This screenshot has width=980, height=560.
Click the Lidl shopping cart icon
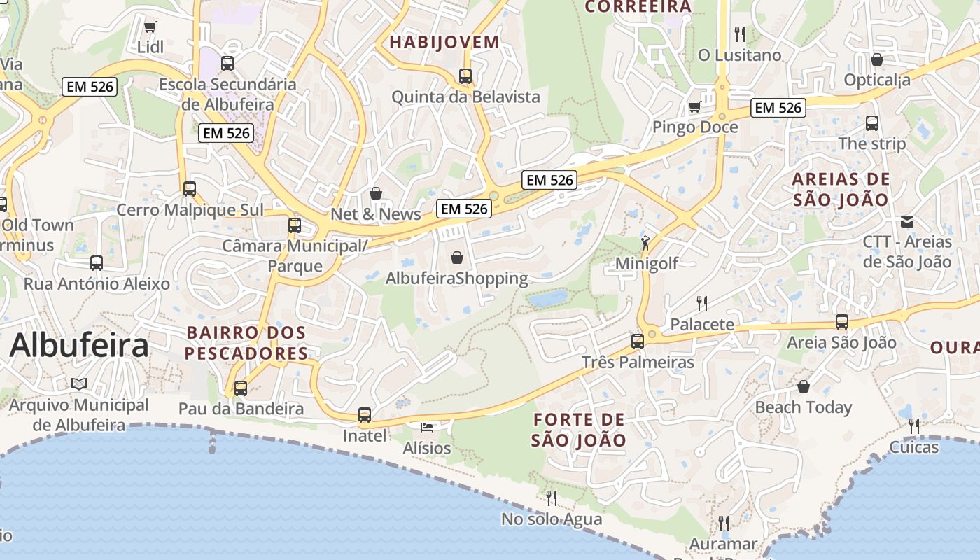click(150, 27)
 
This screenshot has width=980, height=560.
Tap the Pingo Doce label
click(694, 127)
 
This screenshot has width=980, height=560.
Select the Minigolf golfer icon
click(645, 244)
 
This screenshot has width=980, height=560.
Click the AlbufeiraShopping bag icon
click(457, 258)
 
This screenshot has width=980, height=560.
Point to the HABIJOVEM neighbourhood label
click(444, 42)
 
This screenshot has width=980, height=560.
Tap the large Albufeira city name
click(79, 345)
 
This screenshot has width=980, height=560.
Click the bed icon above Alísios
click(427, 427)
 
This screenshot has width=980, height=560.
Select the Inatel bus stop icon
click(364, 415)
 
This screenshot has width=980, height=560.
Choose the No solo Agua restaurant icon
click(552, 498)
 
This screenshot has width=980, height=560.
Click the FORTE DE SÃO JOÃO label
click(578, 430)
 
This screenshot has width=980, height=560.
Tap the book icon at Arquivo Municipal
click(79, 384)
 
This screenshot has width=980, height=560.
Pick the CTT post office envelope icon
click(907, 222)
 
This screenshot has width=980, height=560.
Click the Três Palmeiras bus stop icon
click(637, 342)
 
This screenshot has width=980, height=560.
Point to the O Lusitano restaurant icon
click(739, 34)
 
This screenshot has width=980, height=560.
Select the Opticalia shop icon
click(876, 59)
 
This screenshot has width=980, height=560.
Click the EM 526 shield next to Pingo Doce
click(778, 108)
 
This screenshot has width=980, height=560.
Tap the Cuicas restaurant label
click(913, 447)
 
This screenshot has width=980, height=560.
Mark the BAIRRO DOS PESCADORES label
click(246, 342)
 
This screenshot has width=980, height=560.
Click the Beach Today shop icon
click(803, 386)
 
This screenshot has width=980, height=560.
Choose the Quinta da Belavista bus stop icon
click(465, 76)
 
